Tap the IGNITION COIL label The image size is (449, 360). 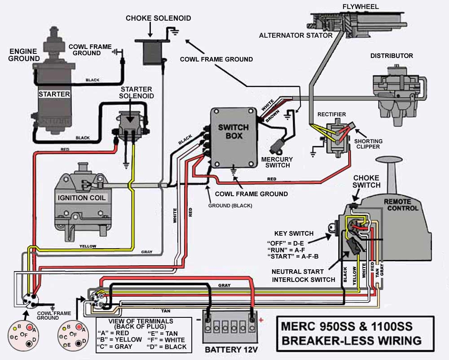pos(82,198)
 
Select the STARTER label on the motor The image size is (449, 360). pos(54,94)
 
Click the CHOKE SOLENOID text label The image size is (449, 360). pos(158,18)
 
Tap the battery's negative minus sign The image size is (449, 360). pos(198,319)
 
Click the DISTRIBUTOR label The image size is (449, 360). pos(392,56)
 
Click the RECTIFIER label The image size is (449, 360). pos(331,114)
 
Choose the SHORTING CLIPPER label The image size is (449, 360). pos(368,144)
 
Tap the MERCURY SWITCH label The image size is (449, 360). pos(277,162)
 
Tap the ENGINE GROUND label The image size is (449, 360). pos(23,55)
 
